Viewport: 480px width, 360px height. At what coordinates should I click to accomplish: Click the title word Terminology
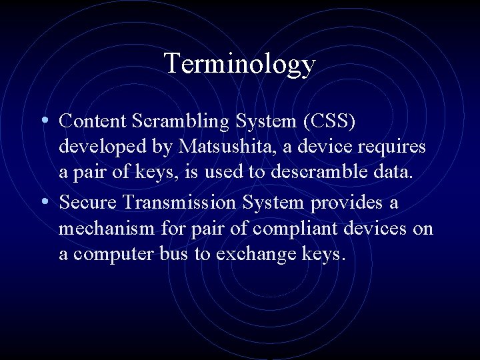pos(239,64)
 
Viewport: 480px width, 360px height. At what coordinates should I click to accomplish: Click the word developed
pos(97,147)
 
